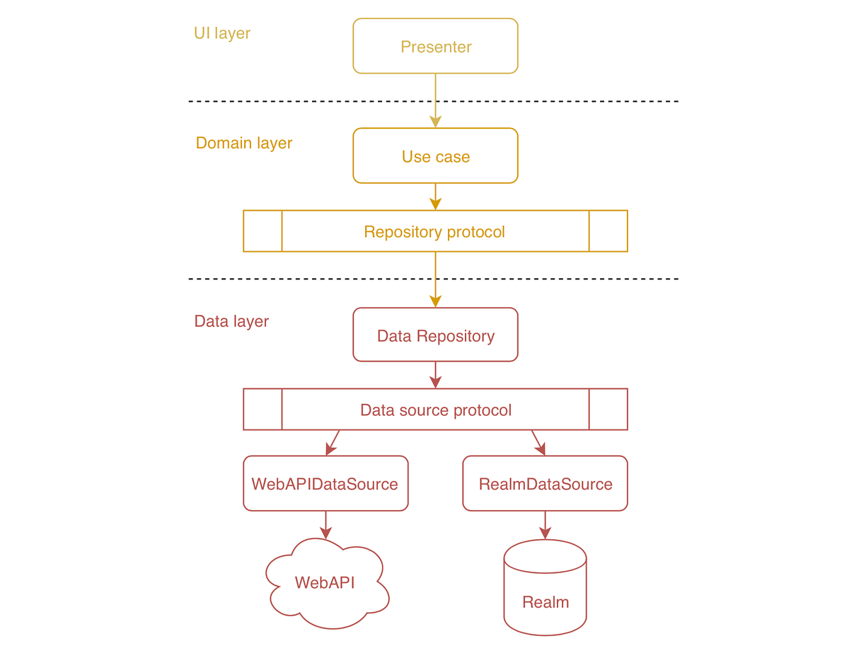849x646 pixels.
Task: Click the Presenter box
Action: (x=435, y=47)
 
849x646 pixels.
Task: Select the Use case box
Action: (x=435, y=156)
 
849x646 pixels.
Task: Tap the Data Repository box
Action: (x=435, y=335)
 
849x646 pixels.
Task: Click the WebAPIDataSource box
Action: (x=325, y=484)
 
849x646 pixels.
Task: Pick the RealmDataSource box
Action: (x=545, y=484)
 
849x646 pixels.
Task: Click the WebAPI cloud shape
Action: (x=325, y=583)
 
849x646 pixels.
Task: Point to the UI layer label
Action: (x=222, y=33)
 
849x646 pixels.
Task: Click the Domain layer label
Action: (x=243, y=143)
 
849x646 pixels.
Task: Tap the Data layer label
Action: (x=231, y=321)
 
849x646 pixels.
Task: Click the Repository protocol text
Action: (x=434, y=231)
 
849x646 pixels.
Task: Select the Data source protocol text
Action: (x=435, y=410)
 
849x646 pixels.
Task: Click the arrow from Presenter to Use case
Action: (x=435, y=99)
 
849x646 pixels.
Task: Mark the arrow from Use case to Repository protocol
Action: (x=435, y=196)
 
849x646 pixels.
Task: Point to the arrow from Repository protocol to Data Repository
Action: (x=435, y=279)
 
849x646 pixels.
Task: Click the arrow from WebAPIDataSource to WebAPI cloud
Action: (x=325, y=524)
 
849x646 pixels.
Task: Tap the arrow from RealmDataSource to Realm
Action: (x=545, y=524)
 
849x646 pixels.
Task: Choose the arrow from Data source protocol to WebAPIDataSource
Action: (x=333, y=442)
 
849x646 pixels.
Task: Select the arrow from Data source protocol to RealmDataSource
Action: (x=538, y=442)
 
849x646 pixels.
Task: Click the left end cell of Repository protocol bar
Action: (x=262, y=231)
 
